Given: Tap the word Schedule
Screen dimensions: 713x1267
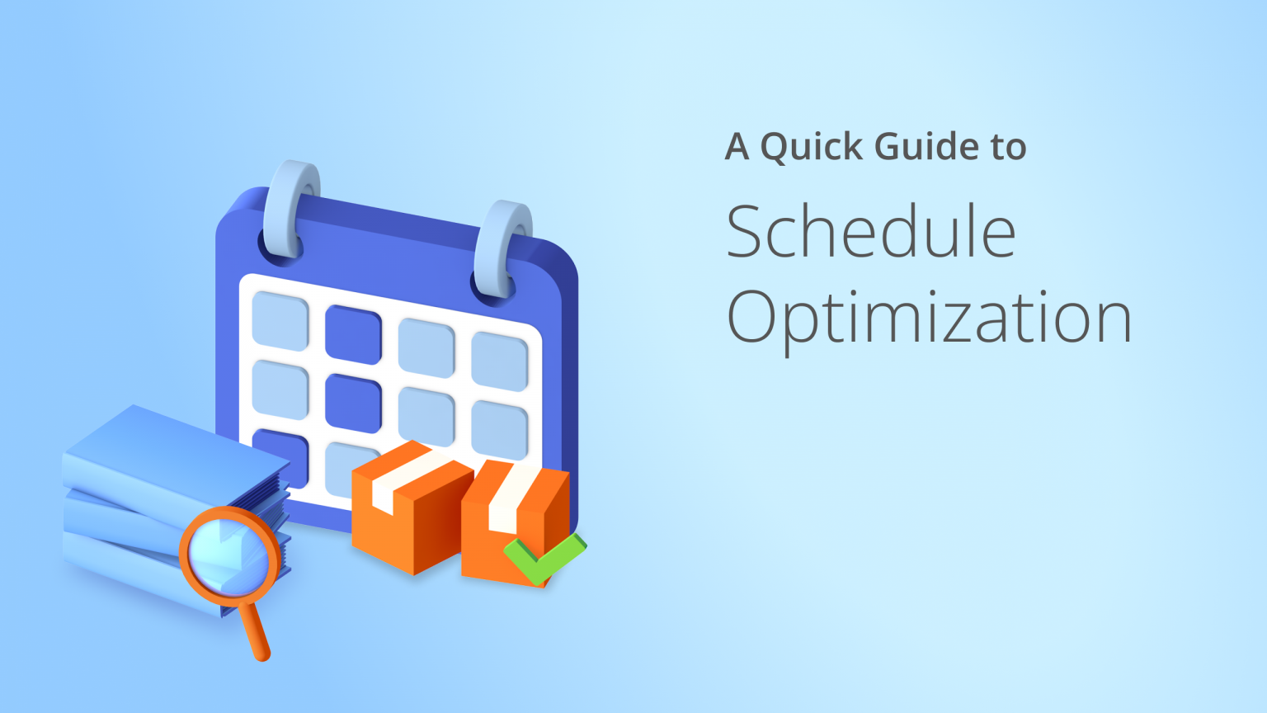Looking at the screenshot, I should (870, 232).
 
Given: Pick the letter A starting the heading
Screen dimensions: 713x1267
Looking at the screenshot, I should (737, 147).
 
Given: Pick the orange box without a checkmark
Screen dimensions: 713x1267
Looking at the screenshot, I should (404, 516).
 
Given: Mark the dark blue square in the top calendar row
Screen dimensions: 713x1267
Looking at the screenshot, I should (353, 334).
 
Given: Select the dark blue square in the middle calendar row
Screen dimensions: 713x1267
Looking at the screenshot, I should (353, 403).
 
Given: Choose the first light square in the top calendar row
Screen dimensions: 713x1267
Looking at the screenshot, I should (280, 320).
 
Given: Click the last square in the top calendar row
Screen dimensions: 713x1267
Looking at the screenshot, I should (500, 361).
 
